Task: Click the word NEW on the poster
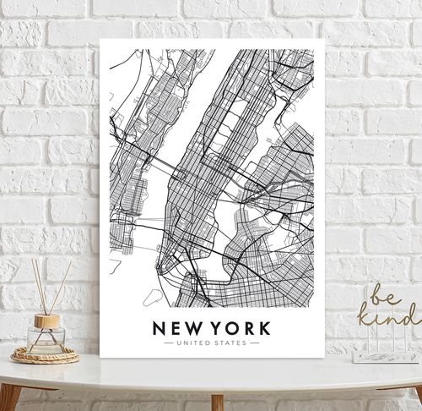point(176,327)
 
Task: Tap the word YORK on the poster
point(238,327)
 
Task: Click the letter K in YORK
point(264,327)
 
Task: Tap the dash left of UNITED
point(165,343)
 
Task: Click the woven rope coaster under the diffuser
point(46,355)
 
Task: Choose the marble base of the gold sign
point(385,357)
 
